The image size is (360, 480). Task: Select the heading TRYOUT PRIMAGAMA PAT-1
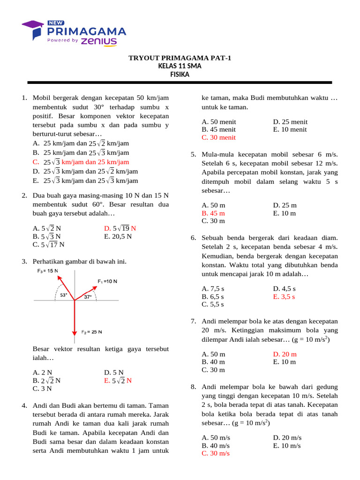(x=180, y=58)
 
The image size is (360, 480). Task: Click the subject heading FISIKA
(x=180, y=74)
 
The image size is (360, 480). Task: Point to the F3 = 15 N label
(x=48, y=271)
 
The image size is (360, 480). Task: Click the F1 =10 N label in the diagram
(x=107, y=281)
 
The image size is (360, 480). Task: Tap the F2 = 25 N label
(x=92, y=332)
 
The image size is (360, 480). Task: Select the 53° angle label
(x=64, y=295)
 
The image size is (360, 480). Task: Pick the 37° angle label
(x=88, y=297)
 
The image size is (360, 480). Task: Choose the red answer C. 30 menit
(x=218, y=137)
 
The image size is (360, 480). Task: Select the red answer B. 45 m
(x=213, y=213)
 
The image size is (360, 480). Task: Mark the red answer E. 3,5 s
(x=284, y=296)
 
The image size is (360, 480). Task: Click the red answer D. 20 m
(x=285, y=354)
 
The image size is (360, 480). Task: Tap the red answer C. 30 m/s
(x=216, y=453)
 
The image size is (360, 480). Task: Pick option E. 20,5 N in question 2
(x=118, y=236)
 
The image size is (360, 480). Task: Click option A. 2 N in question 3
(x=42, y=373)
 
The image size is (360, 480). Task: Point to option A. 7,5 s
(x=213, y=289)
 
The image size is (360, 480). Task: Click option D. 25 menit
(x=290, y=122)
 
